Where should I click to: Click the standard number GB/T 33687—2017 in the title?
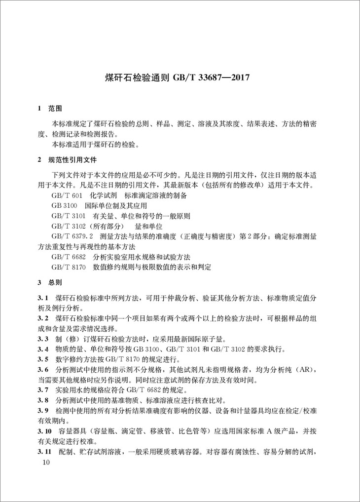(213, 77)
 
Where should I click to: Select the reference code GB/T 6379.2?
(71, 236)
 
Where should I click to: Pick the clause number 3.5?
(43, 359)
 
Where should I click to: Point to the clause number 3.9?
(43, 410)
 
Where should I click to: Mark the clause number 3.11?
(45, 451)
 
